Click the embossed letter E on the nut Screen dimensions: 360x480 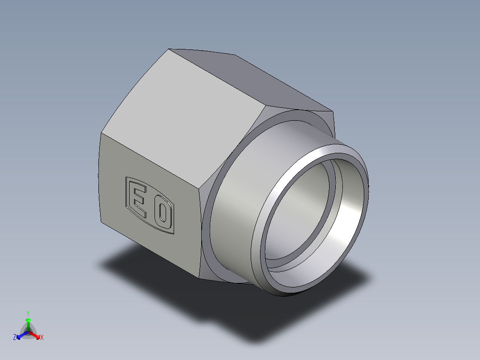(x=138, y=199)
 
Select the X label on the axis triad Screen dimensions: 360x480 (x=42, y=338)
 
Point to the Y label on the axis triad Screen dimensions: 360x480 (x=28, y=313)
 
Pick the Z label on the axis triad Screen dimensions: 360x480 (x=15, y=337)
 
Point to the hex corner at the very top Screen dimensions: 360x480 (x=169, y=49)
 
